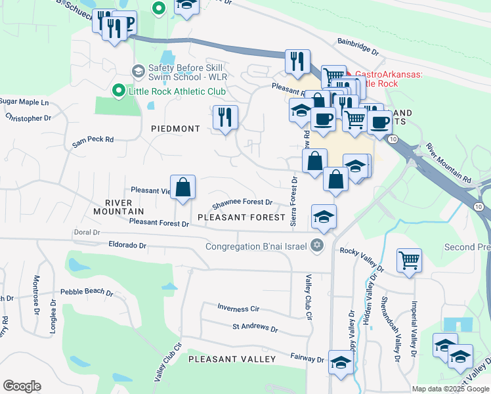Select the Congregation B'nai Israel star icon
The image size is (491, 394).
(317, 246)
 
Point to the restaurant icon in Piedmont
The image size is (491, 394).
(225, 117)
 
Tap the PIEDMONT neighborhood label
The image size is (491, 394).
(175, 129)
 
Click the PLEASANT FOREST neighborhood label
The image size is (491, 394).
(242, 217)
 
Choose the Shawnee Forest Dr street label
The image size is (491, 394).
(242, 203)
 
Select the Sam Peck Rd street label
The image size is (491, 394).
(93, 139)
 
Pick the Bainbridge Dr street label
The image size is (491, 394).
(358, 47)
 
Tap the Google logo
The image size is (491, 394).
(22, 386)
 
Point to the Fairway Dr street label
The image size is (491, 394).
(307, 359)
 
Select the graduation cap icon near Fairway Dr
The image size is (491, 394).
(341, 362)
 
